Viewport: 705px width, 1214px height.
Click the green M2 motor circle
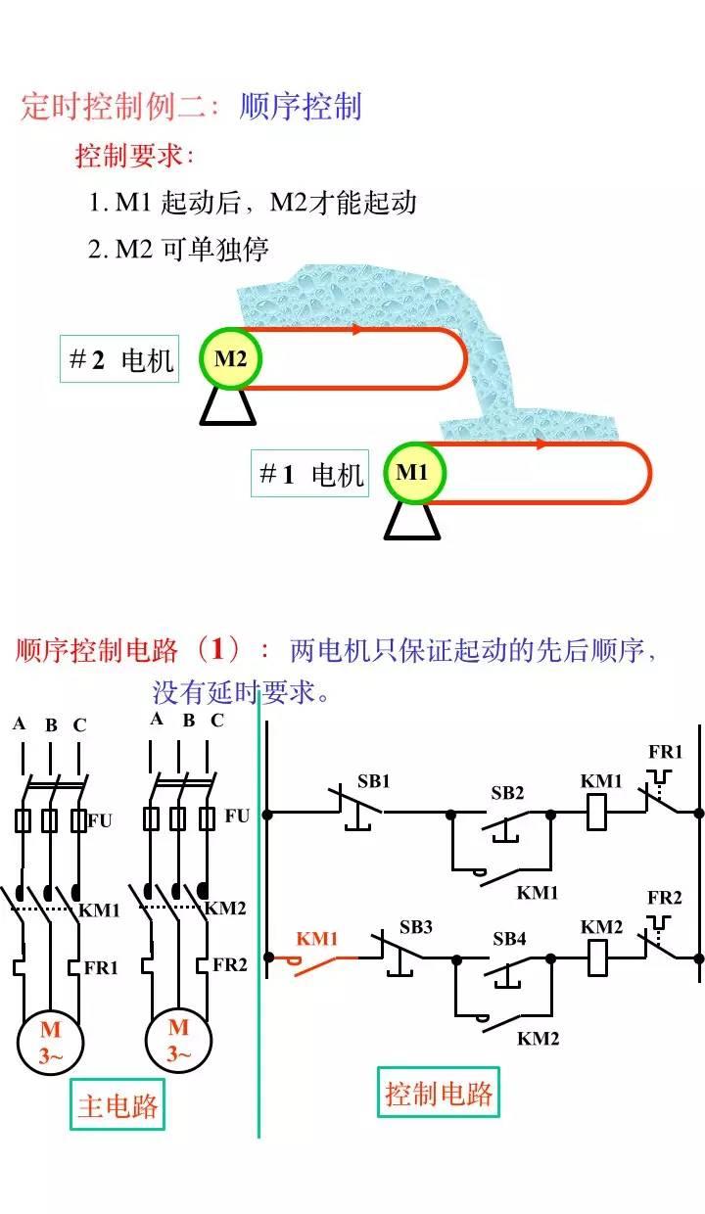(x=231, y=358)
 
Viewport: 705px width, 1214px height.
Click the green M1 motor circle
(x=413, y=473)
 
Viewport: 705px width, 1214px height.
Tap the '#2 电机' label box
(x=119, y=359)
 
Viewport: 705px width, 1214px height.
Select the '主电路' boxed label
(x=117, y=1106)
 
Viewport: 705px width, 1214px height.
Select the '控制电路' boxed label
(x=439, y=1093)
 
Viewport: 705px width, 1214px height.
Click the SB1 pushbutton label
(x=373, y=781)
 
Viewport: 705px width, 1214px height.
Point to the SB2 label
(x=507, y=792)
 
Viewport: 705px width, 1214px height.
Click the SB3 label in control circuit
(x=415, y=926)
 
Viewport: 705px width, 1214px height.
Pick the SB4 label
(x=509, y=939)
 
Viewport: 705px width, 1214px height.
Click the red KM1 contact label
(x=317, y=939)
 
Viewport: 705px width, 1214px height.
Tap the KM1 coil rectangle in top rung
(x=596, y=813)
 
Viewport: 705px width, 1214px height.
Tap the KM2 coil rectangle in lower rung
(x=596, y=958)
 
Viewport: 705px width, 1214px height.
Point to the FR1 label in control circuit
(x=665, y=752)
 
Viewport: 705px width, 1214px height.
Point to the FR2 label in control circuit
(x=665, y=898)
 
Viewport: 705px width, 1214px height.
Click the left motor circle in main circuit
(x=50, y=1042)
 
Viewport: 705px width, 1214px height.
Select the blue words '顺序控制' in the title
(x=301, y=107)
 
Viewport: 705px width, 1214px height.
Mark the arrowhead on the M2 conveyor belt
(x=358, y=329)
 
